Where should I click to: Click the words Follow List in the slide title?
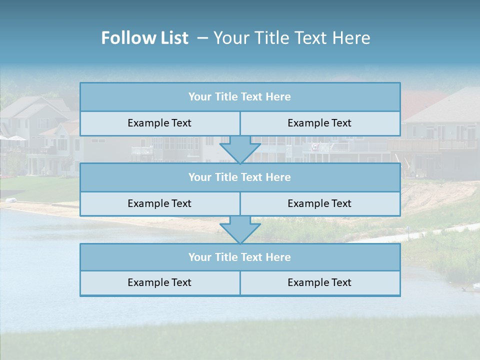click(144, 38)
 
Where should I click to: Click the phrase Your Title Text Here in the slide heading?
click(291, 38)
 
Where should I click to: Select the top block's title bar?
click(240, 97)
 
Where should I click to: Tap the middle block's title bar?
click(240, 177)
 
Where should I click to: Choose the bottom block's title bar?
click(240, 257)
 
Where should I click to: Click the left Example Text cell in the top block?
click(159, 123)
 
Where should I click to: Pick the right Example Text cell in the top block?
click(319, 123)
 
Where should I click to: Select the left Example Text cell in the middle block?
click(159, 203)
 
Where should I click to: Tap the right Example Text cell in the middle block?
click(319, 203)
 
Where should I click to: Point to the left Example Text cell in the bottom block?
click(159, 282)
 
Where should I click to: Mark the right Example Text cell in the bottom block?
click(319, 282)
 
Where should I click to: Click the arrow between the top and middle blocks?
click(240, 149)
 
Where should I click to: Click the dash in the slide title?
click(202, 38)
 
